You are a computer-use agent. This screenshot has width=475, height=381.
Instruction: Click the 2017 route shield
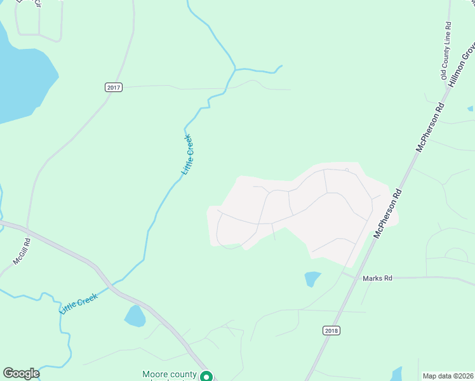point(114,87)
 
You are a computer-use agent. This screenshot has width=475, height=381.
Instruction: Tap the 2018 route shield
point(331,330)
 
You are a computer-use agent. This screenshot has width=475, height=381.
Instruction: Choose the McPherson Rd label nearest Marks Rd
point(388,213)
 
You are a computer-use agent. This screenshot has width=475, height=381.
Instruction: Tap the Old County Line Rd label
point(446,51)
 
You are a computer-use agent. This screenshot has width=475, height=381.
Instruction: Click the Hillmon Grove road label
point(462,65)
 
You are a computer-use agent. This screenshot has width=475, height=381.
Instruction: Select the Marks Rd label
point(378,278)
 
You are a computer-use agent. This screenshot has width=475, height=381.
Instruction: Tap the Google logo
point(21,373)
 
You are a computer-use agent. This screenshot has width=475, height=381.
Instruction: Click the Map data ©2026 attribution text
point(447,376)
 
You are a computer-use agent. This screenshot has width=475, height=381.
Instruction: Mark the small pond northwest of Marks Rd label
point(312,279)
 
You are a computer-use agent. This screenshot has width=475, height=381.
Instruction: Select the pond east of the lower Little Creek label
point(135,316)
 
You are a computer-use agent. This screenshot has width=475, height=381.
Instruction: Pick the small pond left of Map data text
point(396,373)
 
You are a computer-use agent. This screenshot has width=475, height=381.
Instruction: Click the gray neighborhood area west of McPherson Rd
point(305,210)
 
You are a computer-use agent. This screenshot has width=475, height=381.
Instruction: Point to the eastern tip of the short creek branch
point(281,65)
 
